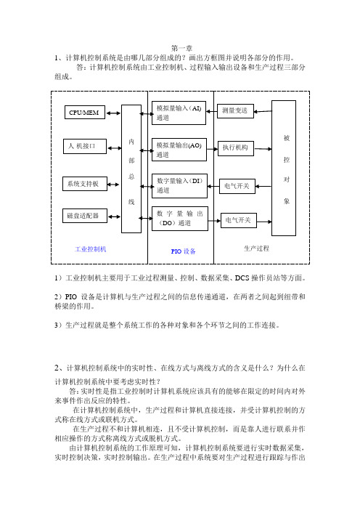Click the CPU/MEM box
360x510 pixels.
85,112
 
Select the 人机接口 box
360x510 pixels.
85,146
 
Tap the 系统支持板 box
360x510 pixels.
85,184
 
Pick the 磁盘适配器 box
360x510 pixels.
85,216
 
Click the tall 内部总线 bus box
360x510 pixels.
131,169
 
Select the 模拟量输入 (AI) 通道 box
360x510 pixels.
179,113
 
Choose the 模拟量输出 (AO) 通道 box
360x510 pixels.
179,150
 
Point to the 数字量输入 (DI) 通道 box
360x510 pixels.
180,186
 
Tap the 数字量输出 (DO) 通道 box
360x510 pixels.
180,219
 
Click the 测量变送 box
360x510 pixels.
235,111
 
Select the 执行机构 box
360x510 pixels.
236,148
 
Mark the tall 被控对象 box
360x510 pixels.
284,168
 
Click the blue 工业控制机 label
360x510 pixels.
91,249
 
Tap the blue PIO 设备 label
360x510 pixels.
183,251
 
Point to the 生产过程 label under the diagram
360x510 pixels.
256,248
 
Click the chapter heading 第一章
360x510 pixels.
181,49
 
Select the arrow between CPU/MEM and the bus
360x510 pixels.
113,113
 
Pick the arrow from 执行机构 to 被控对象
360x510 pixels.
263,149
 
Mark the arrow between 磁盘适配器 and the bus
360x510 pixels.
115,216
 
